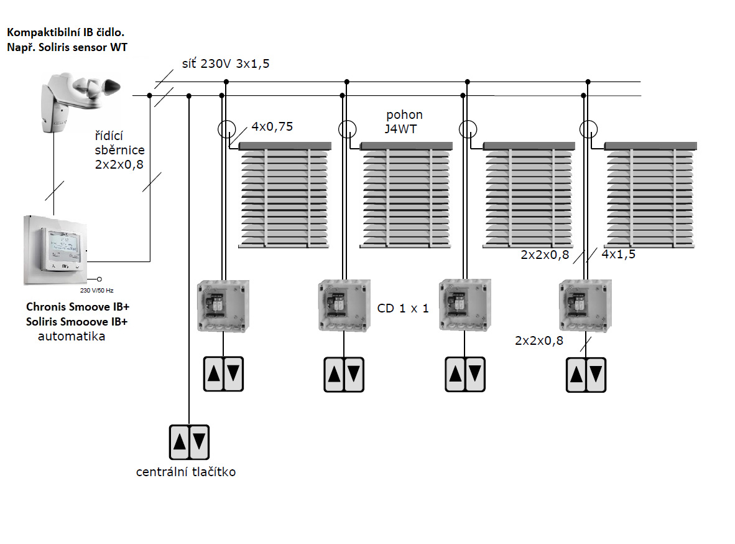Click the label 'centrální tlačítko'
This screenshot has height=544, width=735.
(186, 472)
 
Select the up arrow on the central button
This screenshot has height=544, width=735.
(180, 441)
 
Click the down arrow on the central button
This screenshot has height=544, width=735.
(199, 441)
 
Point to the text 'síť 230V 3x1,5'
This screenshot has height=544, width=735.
(225, 63)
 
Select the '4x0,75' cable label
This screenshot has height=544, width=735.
(272, 127)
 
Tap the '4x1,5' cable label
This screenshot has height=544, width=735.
(618, 253)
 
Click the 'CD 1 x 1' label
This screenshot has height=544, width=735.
(403, 308)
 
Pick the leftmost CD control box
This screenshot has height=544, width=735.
(223, 305)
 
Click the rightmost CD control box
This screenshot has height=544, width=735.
(585, 305)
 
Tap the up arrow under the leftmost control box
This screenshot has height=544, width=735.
(214, 373)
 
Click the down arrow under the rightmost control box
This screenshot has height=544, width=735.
(596, 374)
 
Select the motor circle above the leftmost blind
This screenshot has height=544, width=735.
(227, 129)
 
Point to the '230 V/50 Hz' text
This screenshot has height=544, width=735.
(97, 290)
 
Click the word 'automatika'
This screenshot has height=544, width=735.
(72, 337)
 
